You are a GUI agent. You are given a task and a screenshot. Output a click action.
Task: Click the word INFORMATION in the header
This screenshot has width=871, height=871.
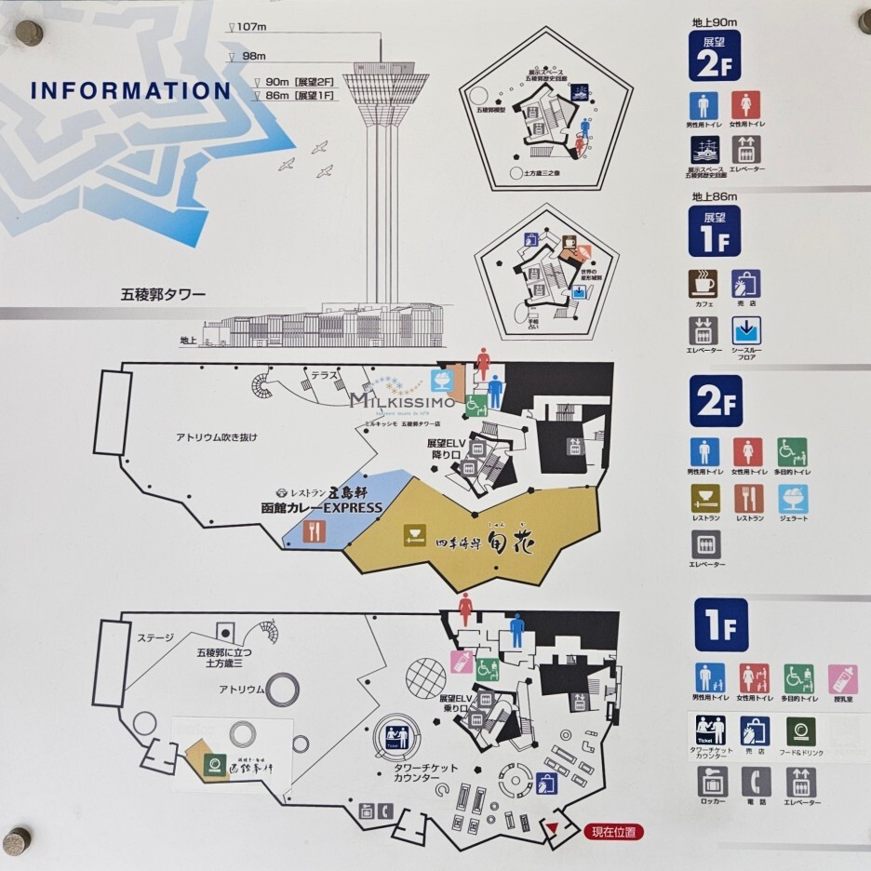click(x=130, y=91)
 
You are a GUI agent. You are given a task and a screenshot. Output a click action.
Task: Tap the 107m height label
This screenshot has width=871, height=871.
click(x=252, y=27)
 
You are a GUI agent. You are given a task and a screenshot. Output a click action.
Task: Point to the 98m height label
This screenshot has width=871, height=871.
click(x=253, y=58)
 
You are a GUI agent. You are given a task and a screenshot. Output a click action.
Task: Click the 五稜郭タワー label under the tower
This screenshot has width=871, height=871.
click(x=162, y=295)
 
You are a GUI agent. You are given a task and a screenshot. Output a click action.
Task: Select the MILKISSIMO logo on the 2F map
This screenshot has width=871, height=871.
click(x=402, y=400)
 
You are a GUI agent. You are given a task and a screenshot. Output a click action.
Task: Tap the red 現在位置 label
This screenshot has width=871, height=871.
click(x=613, y=832)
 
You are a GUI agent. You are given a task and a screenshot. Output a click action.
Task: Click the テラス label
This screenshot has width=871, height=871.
click(x=324, y=375)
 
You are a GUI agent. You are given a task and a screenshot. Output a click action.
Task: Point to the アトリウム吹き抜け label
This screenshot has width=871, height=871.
click(x=216, y=437)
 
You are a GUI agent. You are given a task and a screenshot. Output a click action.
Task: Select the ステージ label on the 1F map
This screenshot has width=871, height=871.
click(x=155, y=638)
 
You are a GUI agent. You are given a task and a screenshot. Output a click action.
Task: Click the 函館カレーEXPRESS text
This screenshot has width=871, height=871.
click(x=321, y=507)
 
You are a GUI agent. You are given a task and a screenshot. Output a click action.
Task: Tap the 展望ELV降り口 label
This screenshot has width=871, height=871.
click(x=445, y=449)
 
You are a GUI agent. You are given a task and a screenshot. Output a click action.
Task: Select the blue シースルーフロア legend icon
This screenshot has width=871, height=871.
click(x=745, y=330)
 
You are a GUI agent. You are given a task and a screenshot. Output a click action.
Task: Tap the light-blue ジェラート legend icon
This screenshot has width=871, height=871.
click(x=793, y=499)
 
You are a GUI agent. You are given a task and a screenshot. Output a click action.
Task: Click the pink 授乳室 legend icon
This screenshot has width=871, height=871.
click(x=842, y=678)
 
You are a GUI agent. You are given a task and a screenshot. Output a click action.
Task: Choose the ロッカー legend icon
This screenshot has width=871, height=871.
click(x=712, y=782)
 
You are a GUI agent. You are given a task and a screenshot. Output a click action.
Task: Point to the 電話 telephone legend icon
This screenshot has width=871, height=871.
click(x=756, y=782)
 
